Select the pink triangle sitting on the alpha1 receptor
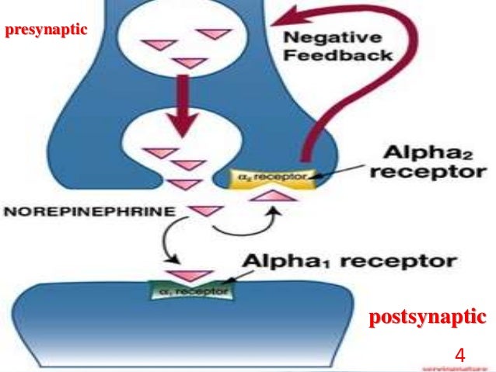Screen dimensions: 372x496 (x=191, y=275)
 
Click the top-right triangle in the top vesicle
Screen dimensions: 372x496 (x=211, y=34)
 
